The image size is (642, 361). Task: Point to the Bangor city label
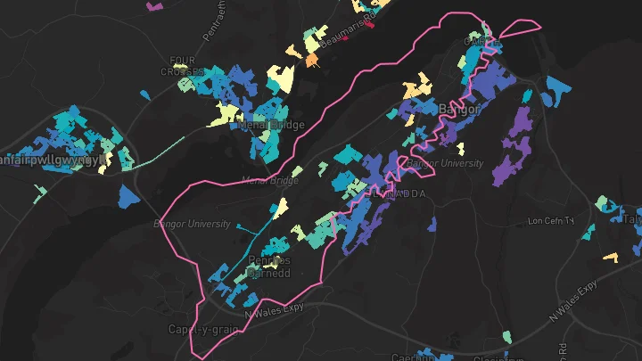coord(459,109)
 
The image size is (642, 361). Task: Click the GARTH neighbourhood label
coord(479,41)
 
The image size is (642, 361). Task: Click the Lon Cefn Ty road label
coord(554,220)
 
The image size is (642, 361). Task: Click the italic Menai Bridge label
coord(269,180)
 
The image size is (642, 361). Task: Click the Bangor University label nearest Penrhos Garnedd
coord(192,223)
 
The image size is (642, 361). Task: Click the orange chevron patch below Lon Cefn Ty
coord(611,258)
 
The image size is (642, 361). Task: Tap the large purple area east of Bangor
coord(515,143)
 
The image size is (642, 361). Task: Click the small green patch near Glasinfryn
coord(507,337)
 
